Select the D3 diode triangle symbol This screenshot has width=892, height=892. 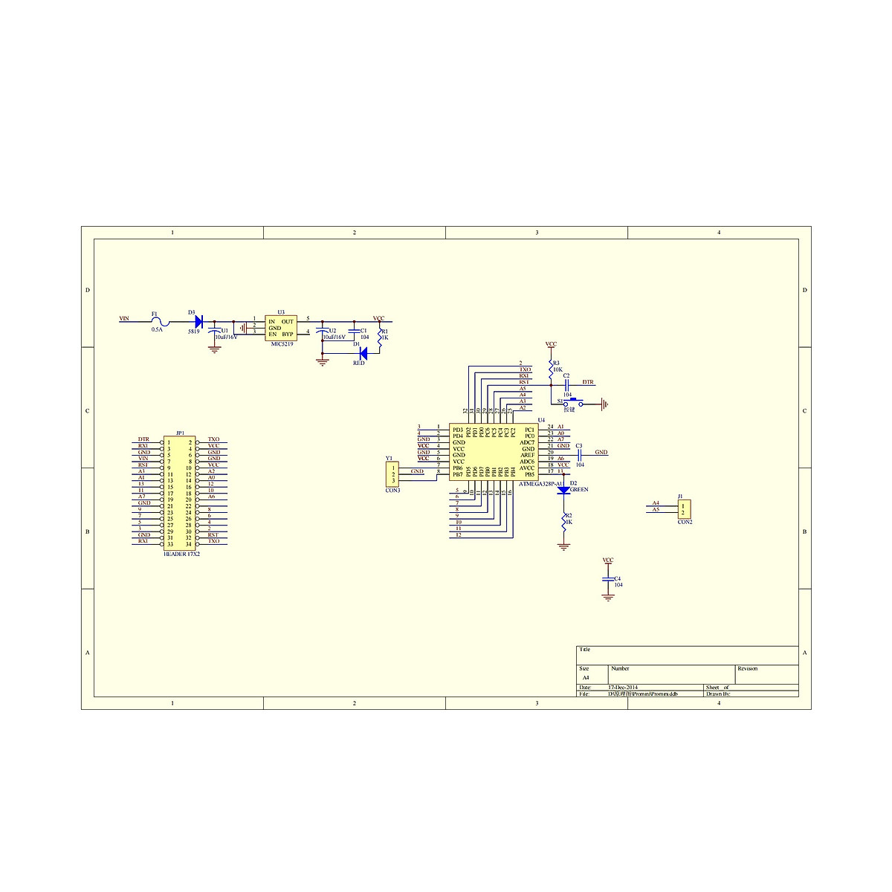[x=198, y=321]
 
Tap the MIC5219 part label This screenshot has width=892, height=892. [x=282, y=344]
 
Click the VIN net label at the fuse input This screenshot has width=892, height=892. [x=124, y=319]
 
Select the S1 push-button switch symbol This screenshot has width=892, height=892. [x=574, y=403]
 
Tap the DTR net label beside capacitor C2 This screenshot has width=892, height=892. [x=588, y=382]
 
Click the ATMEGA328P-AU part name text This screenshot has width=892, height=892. [x=543, y=484]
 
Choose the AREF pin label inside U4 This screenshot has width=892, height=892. [x=527, y=455]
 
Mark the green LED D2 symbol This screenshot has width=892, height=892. [x=563, y=490]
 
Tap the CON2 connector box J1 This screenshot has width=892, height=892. [x=685, y=509]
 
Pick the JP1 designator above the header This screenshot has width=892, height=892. [x=180, y=433]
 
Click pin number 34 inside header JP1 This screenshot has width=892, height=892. [x=189, y=544]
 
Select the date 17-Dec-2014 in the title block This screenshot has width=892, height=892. [x=623, y=688]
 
